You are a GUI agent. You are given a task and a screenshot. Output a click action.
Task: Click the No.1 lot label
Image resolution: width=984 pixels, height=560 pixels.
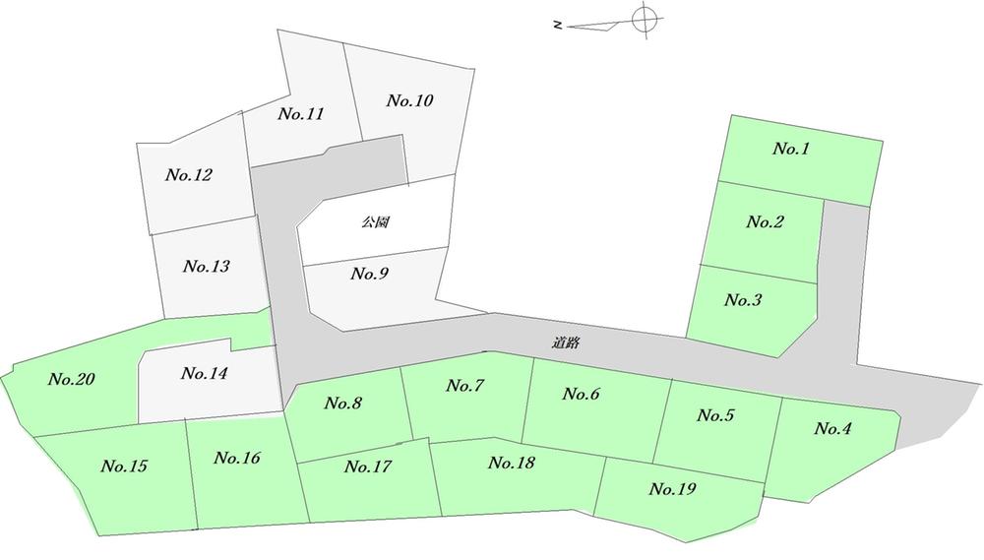click(791, 149)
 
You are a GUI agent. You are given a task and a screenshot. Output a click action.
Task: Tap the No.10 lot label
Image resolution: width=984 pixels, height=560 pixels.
click(409, 100)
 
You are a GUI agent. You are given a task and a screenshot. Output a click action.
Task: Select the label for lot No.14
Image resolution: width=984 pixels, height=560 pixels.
click(204, 374)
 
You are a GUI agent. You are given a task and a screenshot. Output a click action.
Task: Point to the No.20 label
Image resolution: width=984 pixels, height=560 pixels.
click(72, 379)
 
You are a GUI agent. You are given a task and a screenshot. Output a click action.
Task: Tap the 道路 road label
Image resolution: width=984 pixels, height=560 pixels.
click(566, 342)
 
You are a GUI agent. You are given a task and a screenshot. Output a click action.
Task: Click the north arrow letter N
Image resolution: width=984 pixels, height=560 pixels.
click(557, 26)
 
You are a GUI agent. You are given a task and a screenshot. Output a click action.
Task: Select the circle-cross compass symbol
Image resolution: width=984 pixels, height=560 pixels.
click(646, 19)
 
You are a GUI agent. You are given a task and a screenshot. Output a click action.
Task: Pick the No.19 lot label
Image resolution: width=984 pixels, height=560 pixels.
click(672, 489)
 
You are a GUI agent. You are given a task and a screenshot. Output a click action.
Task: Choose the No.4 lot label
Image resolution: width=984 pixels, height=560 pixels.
click(832, 429)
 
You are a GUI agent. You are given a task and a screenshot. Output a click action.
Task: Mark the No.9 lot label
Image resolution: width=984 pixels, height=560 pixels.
click(370, 274)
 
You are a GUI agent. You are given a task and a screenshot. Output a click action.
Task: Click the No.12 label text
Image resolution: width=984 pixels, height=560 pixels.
click(189, 175)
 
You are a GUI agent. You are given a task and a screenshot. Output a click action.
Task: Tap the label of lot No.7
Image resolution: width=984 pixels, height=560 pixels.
click(465, 386)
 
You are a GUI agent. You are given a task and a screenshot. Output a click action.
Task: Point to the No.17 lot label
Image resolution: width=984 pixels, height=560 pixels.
click(368, 467)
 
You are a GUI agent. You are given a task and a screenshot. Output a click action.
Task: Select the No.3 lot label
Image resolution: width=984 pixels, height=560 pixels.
click(743, 300)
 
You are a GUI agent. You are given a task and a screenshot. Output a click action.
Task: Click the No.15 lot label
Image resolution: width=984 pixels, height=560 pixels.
click(124, 466)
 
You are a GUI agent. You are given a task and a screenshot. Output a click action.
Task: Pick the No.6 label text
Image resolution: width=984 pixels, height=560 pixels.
click(582, 394)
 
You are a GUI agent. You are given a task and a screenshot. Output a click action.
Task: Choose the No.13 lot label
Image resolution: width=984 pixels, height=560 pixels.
click(207, 266)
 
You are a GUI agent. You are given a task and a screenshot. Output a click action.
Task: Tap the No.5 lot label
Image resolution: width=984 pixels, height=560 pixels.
click(715, 415)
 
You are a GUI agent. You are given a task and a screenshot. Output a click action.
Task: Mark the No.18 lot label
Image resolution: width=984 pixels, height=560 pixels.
click(512, 463)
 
